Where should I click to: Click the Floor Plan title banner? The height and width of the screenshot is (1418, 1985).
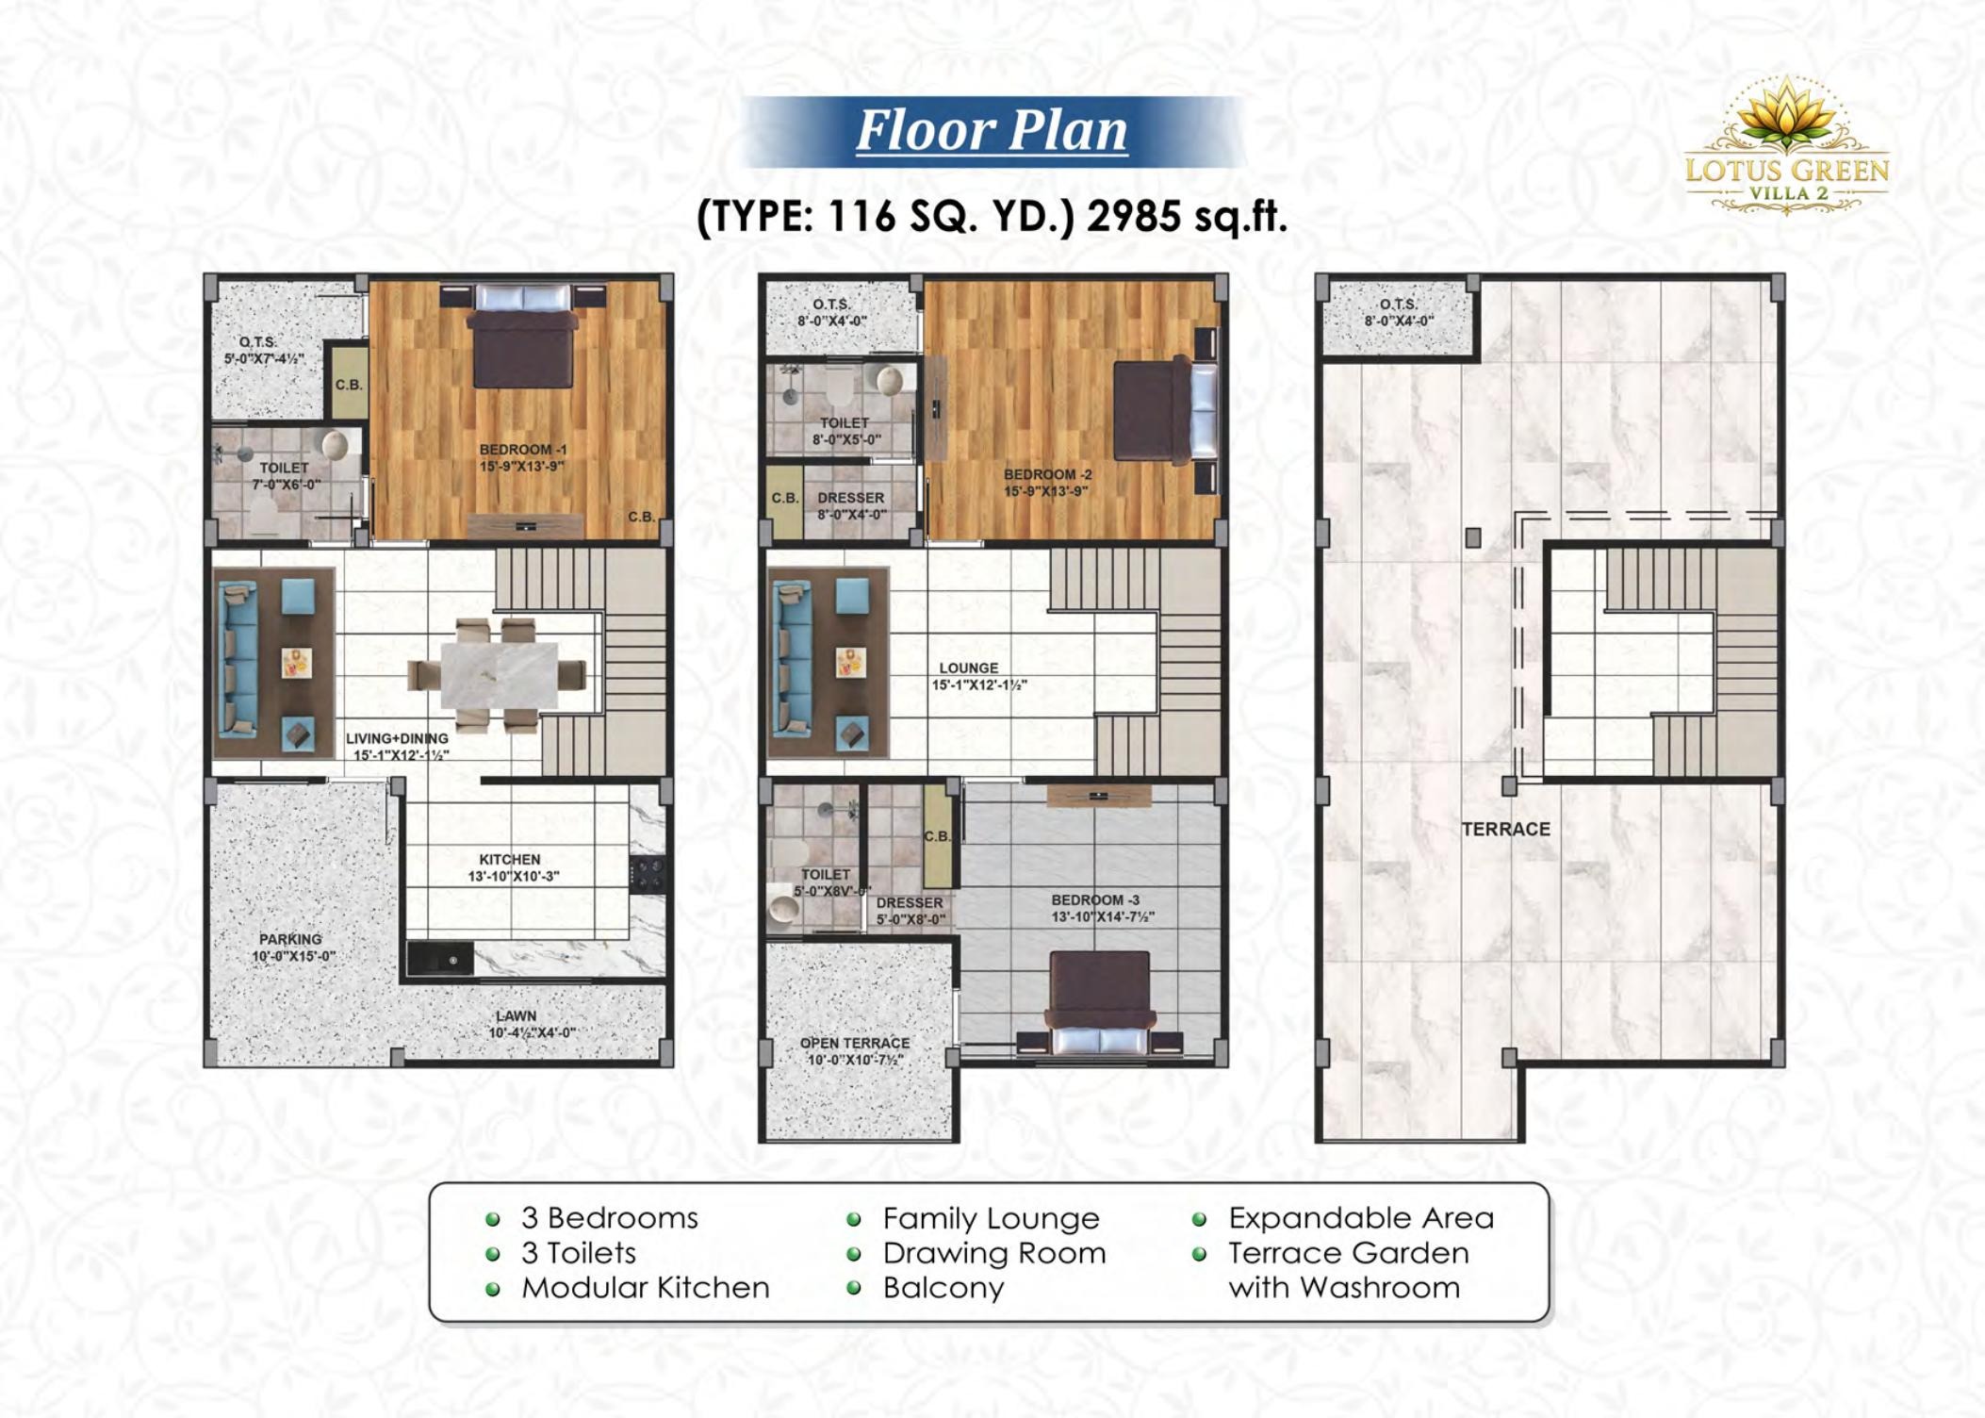tap(992, 131)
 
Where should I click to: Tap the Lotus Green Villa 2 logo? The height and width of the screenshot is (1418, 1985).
tap(1786, 146)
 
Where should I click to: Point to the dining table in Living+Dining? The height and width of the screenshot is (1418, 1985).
tap(499, 674)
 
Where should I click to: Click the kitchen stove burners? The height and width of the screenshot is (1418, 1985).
tap(648, 873)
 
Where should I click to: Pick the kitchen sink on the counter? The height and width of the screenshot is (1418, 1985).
tap(440, 959)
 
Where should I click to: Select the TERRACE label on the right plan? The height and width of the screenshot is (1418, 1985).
tap(1505, 829)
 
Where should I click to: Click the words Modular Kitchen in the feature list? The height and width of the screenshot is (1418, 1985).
tap(646, 1287)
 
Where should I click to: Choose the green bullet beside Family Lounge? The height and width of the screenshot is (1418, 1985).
tap(854, 1219)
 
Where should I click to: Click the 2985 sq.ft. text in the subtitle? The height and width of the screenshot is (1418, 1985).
tap(1187, 216)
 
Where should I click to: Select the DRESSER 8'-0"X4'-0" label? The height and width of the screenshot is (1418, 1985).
tap(851, 505)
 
